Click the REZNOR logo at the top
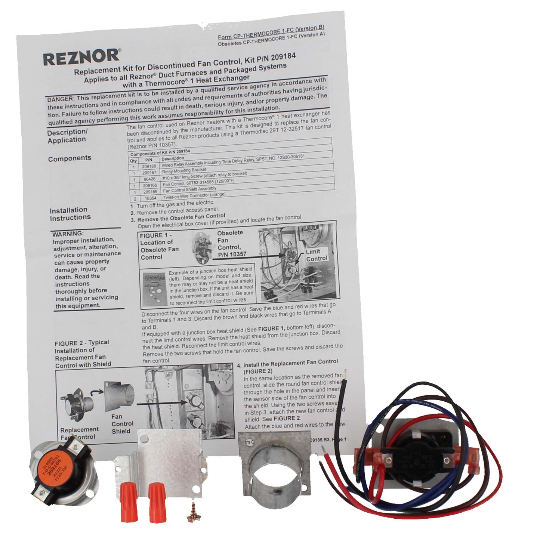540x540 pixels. click(x=81, y=57)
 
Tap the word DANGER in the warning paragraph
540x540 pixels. click(x=60, y=99)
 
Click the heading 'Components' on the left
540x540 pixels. click(x=70, y=158)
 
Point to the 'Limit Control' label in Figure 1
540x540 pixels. click(x=317, y=255)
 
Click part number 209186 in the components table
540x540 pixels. click(x=149, y=166)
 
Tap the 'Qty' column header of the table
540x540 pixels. click(x=133, y=160)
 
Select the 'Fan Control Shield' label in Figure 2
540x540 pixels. click(x=122, y=424)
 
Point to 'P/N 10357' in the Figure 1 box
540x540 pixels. click(x=232, y=254)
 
